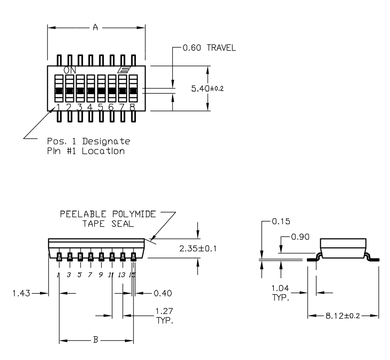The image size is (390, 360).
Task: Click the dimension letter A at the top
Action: pos(95,28)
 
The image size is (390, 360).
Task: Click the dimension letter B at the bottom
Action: pos(96,340)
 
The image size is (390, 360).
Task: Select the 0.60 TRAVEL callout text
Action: pos(209,48)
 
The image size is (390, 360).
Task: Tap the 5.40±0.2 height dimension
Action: pos(207,89)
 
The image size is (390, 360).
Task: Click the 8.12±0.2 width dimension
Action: pos(343,316)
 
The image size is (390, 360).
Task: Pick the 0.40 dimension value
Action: pos(162,293)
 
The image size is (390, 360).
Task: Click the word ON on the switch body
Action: pos(70,70)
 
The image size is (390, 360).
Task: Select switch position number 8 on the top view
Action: pos(133,107)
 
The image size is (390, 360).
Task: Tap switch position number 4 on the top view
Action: pos(90,107)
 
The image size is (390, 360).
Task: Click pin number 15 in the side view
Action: pos(132,275)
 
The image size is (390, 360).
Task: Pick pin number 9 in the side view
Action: pos(101,275)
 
